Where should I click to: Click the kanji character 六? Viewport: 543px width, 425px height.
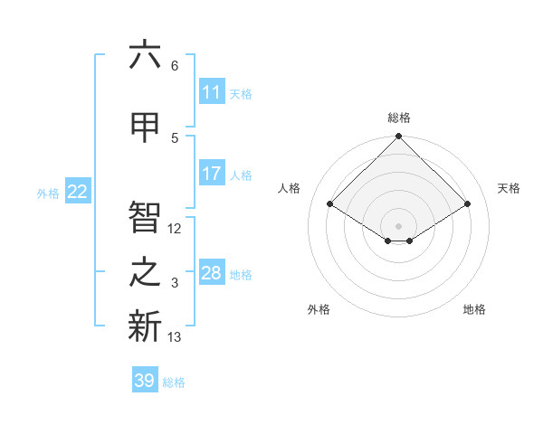(145, 56)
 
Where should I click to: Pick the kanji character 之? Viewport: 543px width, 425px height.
(145, 274)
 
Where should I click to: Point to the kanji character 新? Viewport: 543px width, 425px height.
(145, 326)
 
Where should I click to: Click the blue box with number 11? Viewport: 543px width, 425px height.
(212, 92)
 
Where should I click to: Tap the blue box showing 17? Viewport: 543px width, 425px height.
(212, 174)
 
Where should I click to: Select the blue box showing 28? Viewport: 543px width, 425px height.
(212, 273)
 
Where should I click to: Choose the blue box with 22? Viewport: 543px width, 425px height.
(78, 191)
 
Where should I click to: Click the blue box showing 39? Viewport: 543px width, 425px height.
(145, 381)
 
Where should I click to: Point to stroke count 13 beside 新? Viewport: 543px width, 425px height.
(176, 337)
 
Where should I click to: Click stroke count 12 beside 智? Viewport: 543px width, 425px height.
(176, 229)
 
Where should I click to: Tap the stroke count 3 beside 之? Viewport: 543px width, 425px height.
(175, 284)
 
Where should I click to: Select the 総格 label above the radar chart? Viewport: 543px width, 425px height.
(399, 118)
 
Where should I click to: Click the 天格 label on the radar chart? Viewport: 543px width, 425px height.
(509, 188)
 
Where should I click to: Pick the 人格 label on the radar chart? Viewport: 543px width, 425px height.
(290, 188)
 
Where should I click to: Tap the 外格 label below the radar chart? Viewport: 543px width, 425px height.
(319, 309)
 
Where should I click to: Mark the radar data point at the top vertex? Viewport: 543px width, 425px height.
(399, 137)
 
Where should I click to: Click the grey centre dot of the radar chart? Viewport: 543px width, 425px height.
(399, 224)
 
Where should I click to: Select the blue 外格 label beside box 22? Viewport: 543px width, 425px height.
(48, 193)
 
